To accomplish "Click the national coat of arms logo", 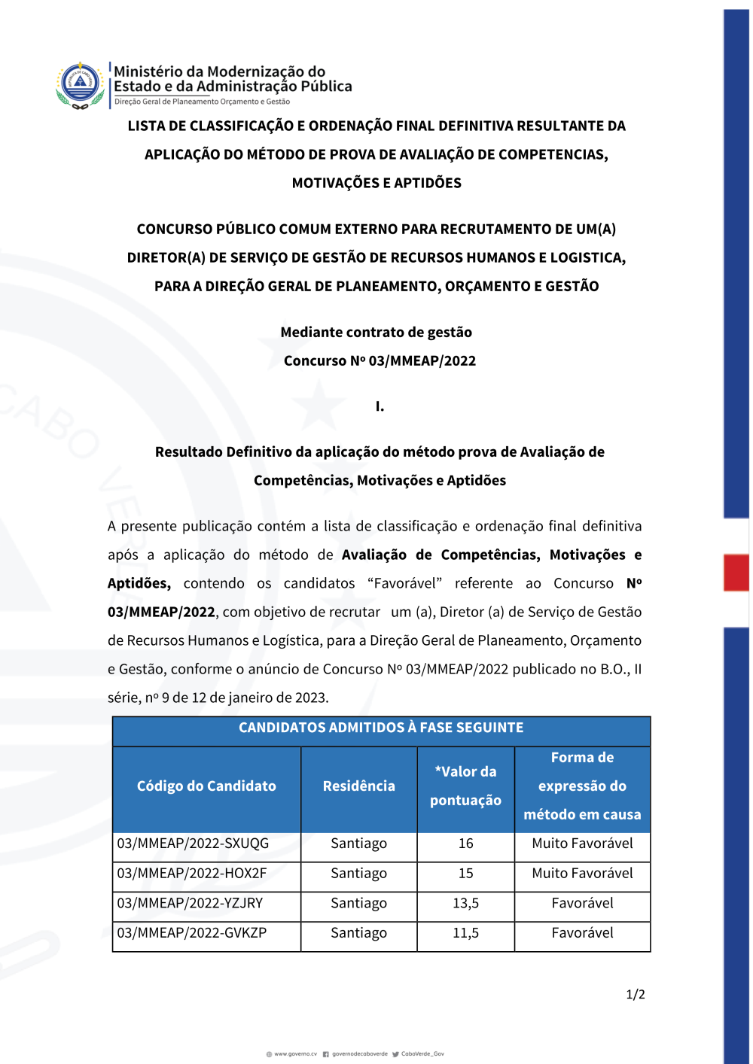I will [80, 85].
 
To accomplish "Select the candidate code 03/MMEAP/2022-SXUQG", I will [193, 844].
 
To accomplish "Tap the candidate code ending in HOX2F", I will [192, 874].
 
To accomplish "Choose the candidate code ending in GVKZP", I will [192, 933].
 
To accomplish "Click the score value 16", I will [465, 844].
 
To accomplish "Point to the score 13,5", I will [465, 903].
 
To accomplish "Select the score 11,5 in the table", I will [465, 933].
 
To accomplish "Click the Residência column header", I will [358, 786].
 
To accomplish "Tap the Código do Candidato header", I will [206, 786].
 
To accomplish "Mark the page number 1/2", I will [636, 995].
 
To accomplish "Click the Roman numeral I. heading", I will [380, 406].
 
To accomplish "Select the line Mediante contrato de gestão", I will [376, 333].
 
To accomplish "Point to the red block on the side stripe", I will [736, 573].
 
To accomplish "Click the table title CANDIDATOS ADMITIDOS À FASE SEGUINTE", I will [381, 728].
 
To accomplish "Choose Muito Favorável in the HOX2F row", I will [582, 874].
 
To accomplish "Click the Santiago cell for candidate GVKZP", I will [358, 933].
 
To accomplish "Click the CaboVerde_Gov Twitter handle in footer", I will [422, 1054].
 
